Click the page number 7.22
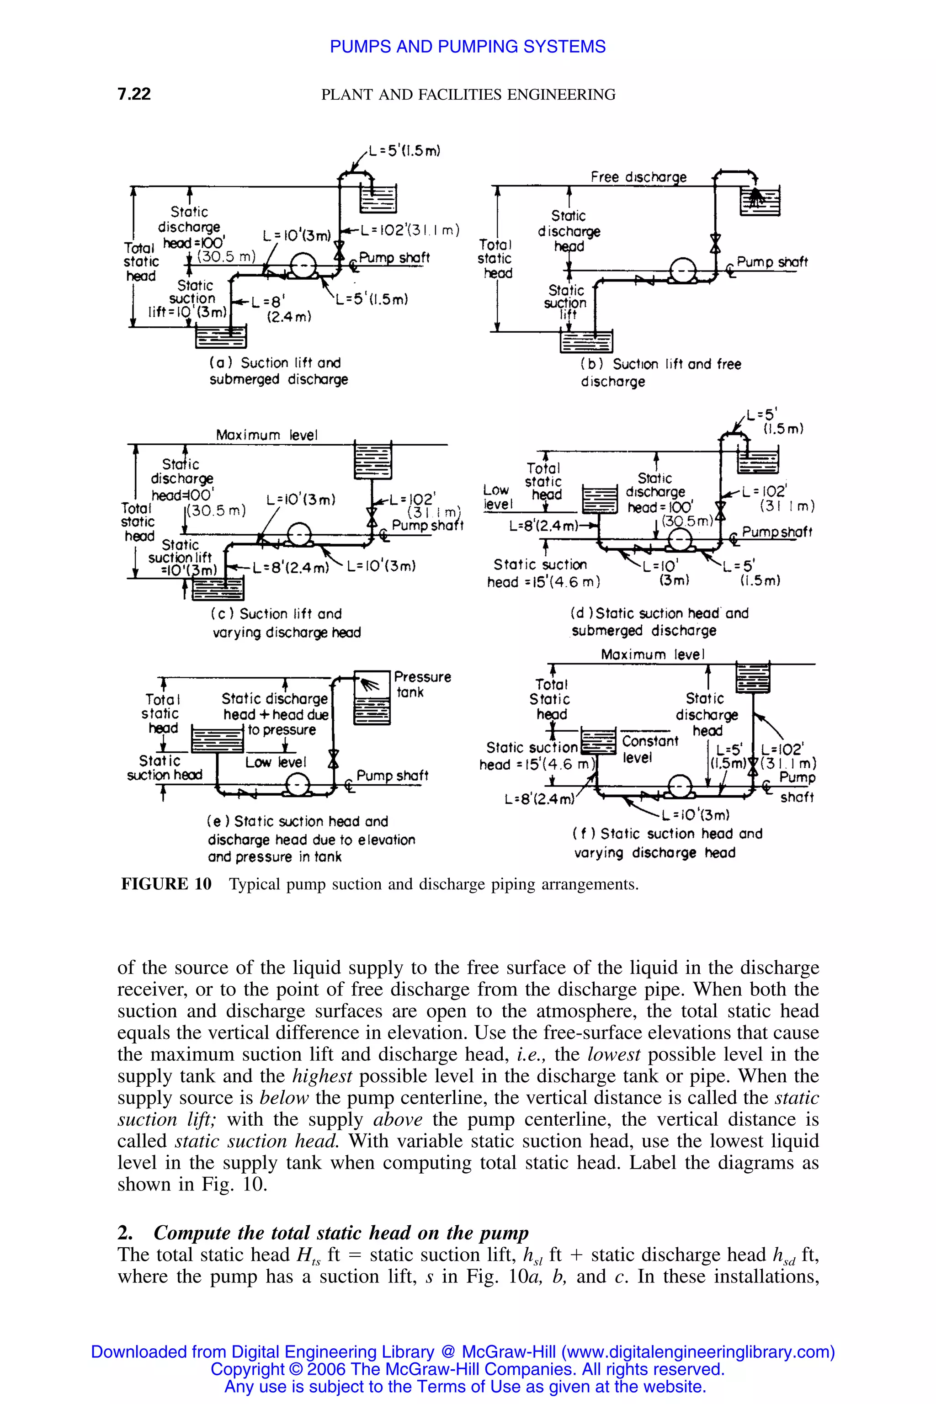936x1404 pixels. click(x=134, y=94)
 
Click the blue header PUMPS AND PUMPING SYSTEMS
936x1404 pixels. click(x=468, y=47)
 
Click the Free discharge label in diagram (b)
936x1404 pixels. click(x=638, y=177)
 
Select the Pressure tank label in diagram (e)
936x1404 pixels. click(x=421, y=684)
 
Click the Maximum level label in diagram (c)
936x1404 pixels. click(x=267, y=435)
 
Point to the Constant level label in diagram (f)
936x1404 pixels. click(x=649, y=749)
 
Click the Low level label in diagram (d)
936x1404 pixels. click(x=497, y=497)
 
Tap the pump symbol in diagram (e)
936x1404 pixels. click(x=297, y=784)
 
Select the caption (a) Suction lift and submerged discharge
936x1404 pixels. click(x=279, y=371)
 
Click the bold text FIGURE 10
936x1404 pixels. click(x=166, y=884)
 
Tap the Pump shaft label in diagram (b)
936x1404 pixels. click(x=771, y=262)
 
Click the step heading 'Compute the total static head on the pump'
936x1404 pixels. click(x=341, y=1233)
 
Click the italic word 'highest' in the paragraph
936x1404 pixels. click(x=322, y=1076)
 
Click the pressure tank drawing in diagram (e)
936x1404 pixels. click(x=372, y=698)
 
